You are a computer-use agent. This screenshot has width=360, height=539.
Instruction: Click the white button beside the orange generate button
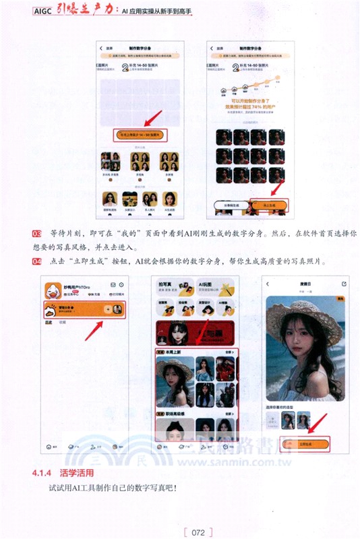pos(231,205)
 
